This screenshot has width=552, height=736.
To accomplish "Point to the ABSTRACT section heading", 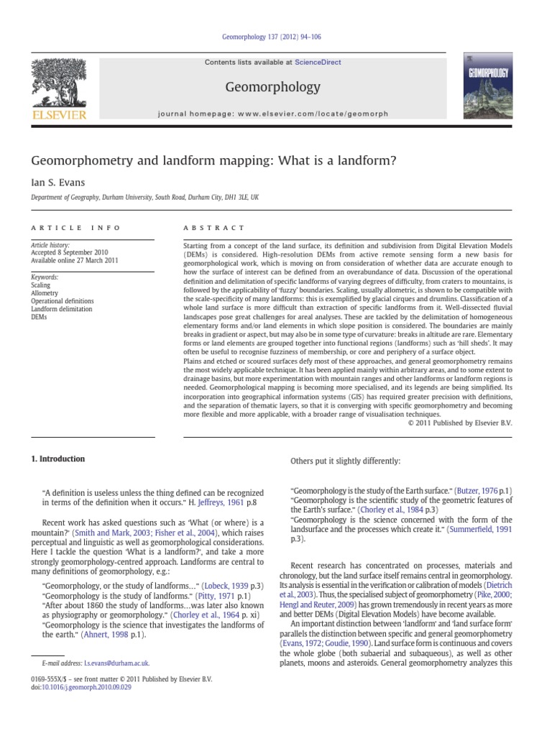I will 214,228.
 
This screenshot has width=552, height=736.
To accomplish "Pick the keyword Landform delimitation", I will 61,309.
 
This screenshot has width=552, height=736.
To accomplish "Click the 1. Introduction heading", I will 57,459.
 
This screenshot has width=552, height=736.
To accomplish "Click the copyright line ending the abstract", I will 459,423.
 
